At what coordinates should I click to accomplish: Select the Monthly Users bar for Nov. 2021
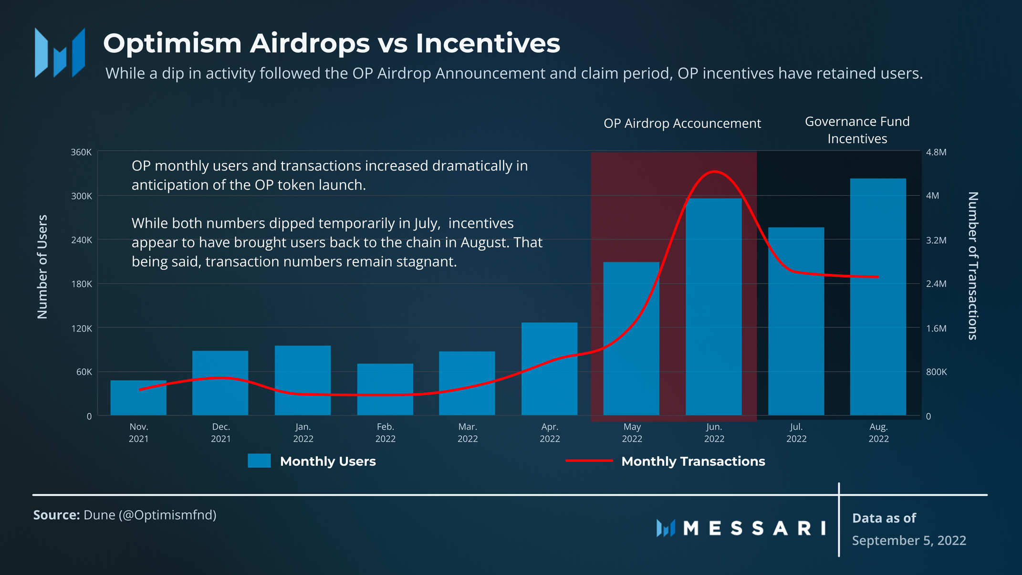(138, 398)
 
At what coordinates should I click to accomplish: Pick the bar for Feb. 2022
(385, 389)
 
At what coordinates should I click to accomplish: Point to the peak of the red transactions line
(714, 171)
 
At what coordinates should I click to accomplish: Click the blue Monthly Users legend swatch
(259, 461)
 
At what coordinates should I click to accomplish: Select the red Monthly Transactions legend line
(589, 461)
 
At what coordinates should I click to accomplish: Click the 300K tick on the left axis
(82, 196)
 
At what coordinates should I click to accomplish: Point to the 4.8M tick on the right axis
(936, 152)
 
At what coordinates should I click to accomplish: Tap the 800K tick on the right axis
(936, 372)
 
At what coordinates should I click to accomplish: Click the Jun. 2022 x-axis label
(714, 433)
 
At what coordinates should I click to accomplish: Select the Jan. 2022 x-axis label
(303, 433)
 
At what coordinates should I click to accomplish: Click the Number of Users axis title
(42, 266)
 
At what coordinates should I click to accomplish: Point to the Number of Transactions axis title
(973, 266)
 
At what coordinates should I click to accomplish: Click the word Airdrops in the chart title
(310, 43)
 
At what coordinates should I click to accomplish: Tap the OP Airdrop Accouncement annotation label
(682, 124)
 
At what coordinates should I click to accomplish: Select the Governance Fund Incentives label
(857, 130)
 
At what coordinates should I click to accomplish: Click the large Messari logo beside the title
(60, 52)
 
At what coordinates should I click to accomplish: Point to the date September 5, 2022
(909, 540)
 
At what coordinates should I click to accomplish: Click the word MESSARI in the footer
(754, 528)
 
